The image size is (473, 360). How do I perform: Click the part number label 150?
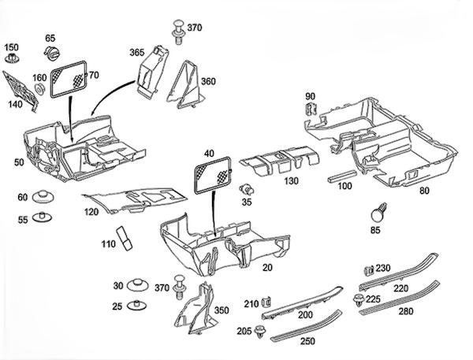click(x=12, y=47)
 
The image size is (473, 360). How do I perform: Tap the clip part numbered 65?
click(x=52, y=53)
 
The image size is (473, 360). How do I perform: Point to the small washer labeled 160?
click(x=39, y=90)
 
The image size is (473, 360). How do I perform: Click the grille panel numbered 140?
click(x=20, y=91)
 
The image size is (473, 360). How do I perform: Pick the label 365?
click(x=137, y=53)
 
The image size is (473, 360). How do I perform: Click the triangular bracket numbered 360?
click(x=186, y=85)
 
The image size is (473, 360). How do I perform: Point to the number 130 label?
click(x=291, y=181)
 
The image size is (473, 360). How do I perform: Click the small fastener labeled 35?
click(x=247, y=189)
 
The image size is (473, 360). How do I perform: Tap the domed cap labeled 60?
click(x=43, y=197)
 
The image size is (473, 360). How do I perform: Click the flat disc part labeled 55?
click(x=42, y=217)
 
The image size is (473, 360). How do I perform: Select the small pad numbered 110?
click(x=125, y=238)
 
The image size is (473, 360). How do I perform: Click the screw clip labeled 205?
click(x=259, y=332)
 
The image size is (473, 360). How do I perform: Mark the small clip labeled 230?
click(x=369, y=270)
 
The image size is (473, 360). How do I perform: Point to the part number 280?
click(x=406, y=311)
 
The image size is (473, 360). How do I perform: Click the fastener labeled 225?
click(x=359, y=300)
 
